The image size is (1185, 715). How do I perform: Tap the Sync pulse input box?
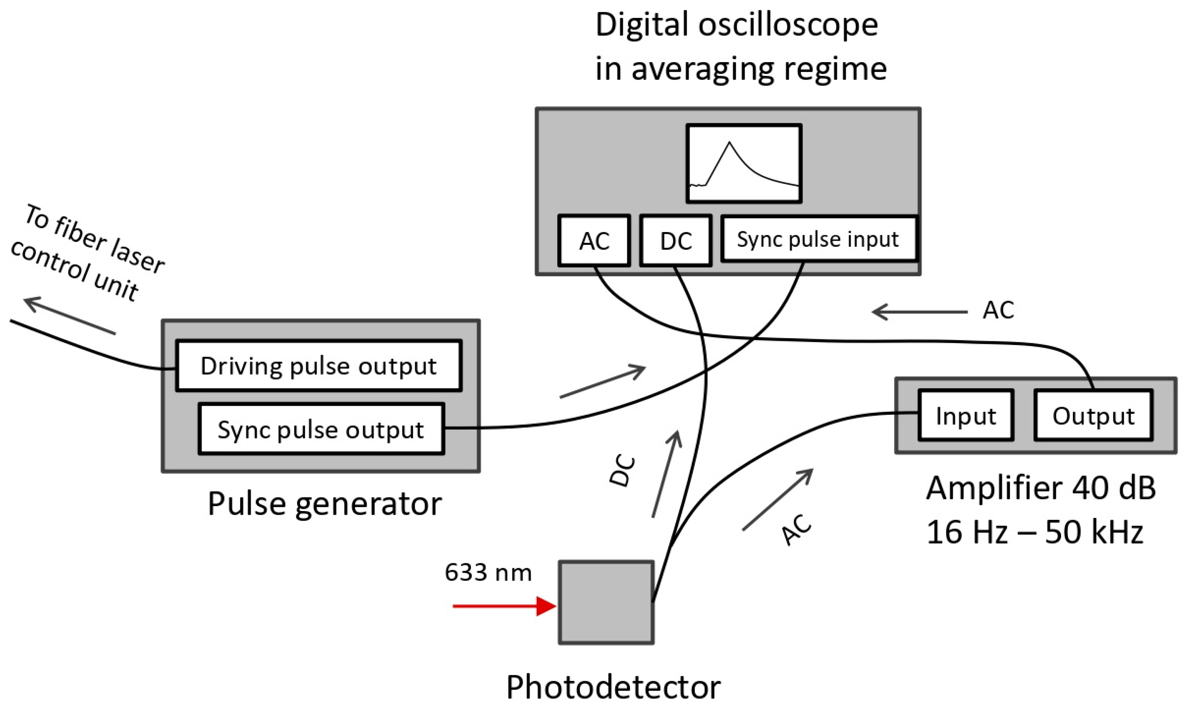pos(819,239)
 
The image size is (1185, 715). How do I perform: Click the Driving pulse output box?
pos(318,366)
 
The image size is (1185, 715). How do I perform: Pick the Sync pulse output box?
pos(321,429)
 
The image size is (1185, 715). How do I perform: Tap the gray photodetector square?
pos(606,602)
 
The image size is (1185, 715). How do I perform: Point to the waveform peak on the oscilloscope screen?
pos(730,143)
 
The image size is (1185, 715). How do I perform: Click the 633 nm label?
pos(488,572)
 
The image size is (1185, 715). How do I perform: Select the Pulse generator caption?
pos(325,504)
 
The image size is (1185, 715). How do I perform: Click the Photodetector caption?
pos(613,687)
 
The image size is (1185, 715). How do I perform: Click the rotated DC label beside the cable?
pos(622,472)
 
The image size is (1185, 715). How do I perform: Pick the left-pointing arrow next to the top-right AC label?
pos(919,312)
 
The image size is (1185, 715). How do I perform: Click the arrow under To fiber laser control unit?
pos(70,315)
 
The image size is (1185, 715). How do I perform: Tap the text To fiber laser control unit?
pos(87,252)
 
